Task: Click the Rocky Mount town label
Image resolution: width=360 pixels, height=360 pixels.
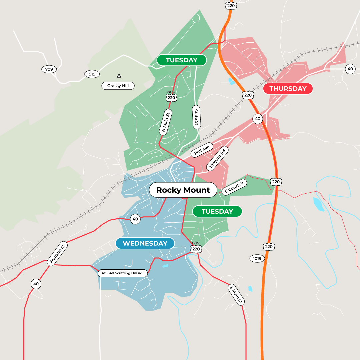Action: pyautogui.click(x=183, y=190)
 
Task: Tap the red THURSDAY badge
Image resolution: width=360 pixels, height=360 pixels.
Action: pyautogui.click(x=288, y=89)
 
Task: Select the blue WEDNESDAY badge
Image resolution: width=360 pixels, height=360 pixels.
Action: pyautogui.click(x=145, y=243)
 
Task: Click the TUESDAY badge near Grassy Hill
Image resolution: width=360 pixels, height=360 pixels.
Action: pyautogui.click(x=182, y=60)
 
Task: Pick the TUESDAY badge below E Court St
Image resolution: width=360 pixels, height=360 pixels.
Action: pyautogui.click(x=217, y=211)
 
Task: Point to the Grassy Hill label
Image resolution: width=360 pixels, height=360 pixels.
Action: pyautogui.click(x=118, y=86)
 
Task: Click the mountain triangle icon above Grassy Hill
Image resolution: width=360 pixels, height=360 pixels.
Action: pyautogui.click(x=119, y=76)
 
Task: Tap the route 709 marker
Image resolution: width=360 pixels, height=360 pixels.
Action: pyautogui.click(x=49, y=69)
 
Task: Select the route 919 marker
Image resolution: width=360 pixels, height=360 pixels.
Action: pyautogui.click(x=90, y=74)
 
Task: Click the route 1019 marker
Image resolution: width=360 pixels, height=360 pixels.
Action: pyautogui.click(x=257, y=258)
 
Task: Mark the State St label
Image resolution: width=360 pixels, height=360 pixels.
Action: pyautogui.click(x=196, y=117)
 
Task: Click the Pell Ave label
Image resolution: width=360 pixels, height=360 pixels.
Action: pyautogui.click(x=202, y=150)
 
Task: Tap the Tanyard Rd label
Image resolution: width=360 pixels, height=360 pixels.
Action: pyautogui.click(x=217, y=158)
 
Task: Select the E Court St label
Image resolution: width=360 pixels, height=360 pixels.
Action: pyautogui.click(x=234, y=187)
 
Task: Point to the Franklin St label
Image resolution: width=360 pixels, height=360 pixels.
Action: pyautogui.click(x=58, y=253)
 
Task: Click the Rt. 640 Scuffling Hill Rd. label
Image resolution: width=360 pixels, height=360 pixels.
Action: pyautogui.click(x=123, y=273)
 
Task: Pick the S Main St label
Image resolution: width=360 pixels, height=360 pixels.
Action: pyautogui.click(x=236, y=295)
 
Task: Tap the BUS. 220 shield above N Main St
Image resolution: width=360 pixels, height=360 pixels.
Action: pyautogui.click(x=171, y=96)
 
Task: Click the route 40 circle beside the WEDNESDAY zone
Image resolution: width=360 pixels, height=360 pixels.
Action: pyautogui.click(x=135, y=219)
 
